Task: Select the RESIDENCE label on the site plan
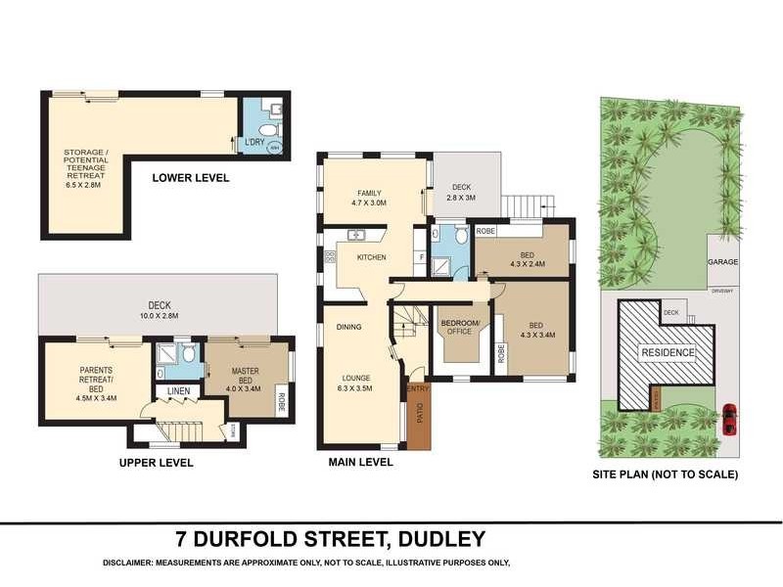[x=668, y=352]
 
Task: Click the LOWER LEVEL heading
[x=191, y=178]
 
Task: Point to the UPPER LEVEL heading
[x=156, y=463]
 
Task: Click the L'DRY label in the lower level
[x=254, y=143]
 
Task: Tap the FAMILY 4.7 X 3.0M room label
[x=369, y=199]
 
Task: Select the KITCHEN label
[x=371, y=257]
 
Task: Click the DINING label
[x=350, y=328]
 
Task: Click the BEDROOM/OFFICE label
[x=459, y=327]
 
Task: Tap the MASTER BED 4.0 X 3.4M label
[x=245, y=378]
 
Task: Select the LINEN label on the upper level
[x=178, y=392]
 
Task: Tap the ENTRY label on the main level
[x=417, y=389]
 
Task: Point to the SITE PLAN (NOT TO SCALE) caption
[x=665, y=474]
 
